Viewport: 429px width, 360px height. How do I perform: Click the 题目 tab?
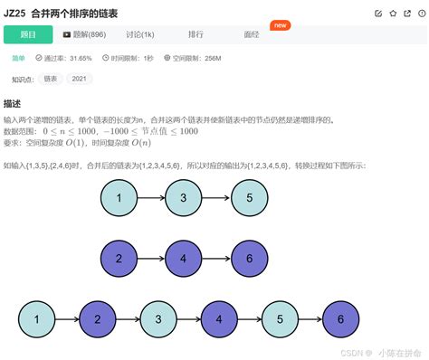[x=29, y=34]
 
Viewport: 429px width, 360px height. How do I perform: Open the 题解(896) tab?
[x=84, y=34]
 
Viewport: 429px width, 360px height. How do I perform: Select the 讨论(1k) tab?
[x=139, y=34]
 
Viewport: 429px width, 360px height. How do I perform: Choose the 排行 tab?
[x=195, y=34]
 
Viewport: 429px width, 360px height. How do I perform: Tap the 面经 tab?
[x=252, y=34]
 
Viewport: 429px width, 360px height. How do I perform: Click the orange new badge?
[x=281, y=25]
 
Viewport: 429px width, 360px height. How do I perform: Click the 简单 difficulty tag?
[x=18, y=58]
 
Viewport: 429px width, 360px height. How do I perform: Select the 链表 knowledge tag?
[x=51, y=79]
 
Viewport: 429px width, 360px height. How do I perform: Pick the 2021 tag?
[x=80, y=79]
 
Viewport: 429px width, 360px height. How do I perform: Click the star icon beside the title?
[x=393, y=13]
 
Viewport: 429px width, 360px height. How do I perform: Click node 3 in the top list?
[x=184, y=198]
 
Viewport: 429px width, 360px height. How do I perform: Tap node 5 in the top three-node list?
[x=250, y=198]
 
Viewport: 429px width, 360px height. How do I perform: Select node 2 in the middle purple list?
[x=119, y=258]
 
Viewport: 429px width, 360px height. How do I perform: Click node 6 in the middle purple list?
[x=250, y=258]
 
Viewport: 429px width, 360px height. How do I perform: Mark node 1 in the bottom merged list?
[x=37, y=318]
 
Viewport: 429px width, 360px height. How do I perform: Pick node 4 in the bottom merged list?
[x=218, y=318]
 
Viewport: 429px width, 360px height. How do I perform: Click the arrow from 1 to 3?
[x=151, y=198]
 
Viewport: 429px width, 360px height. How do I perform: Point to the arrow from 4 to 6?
[x=216, y=258]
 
